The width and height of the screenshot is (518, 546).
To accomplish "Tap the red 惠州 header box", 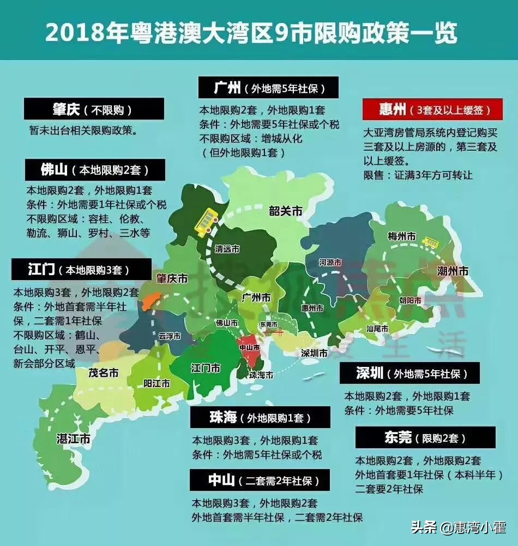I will click(x=433, y=109).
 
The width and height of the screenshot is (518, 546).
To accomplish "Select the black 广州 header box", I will click(x=268, y=87).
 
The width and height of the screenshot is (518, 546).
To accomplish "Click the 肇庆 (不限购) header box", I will click(x=94, y=109).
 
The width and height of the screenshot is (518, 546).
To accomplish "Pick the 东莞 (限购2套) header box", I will click(x=425, y=438).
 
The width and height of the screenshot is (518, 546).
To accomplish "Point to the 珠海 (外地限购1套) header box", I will click(x=260, y=418).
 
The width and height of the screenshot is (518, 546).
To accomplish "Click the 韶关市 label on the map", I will click(x=285, y=211).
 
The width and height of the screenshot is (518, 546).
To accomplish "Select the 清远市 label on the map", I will click(x=227, y=248).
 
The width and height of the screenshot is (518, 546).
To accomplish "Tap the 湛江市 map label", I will click(x=73, y=438).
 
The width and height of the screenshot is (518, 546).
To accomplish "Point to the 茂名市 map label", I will click(x=103, y=373).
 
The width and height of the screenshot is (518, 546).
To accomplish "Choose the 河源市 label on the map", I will click(x=330, y=263).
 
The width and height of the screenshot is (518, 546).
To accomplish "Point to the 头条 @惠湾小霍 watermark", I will click(x=458, y=527).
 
